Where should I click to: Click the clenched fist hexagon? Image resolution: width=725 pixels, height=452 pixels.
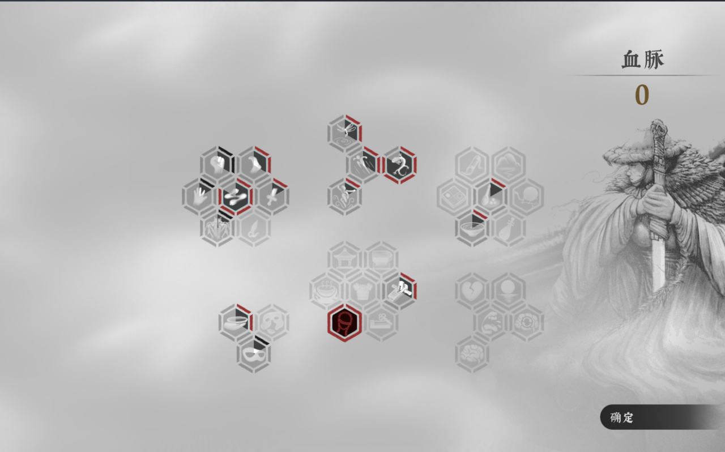[x=217, y=164]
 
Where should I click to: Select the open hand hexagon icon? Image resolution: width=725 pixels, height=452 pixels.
[x=199, y=196]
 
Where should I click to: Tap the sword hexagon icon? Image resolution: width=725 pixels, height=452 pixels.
[x=272, y=196]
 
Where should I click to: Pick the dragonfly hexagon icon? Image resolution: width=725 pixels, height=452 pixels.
[x=344, y=133]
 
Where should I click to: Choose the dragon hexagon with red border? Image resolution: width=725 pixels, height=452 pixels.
[x=399, y=165]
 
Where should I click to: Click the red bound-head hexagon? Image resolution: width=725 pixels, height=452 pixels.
[x=344, y=323]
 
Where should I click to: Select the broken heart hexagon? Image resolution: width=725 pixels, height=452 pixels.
[x=472, y=291]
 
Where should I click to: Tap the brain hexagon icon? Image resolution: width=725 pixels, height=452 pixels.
[x=472, y=354]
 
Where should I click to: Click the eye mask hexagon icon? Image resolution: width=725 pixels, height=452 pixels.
[x=254, y=354]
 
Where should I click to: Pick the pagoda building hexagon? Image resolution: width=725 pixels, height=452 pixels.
[x=344, y=259]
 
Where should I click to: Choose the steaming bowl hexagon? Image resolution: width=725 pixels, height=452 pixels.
[x=326, y=291]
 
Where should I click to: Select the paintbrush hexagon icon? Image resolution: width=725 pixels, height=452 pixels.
[x=472, y=165]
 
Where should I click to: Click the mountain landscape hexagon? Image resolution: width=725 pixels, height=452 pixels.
[x=509, y=165]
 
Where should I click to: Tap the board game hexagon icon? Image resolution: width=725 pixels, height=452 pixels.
[x=454, y=196]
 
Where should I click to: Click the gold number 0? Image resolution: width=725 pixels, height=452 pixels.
[x=642, y=95]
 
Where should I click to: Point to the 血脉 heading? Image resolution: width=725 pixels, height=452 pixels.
[x=642, y=60]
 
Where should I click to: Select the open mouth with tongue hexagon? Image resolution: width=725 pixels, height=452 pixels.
[x=491, y=323]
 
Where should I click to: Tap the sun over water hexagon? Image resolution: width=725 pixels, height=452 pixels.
[x=509, y=291]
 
